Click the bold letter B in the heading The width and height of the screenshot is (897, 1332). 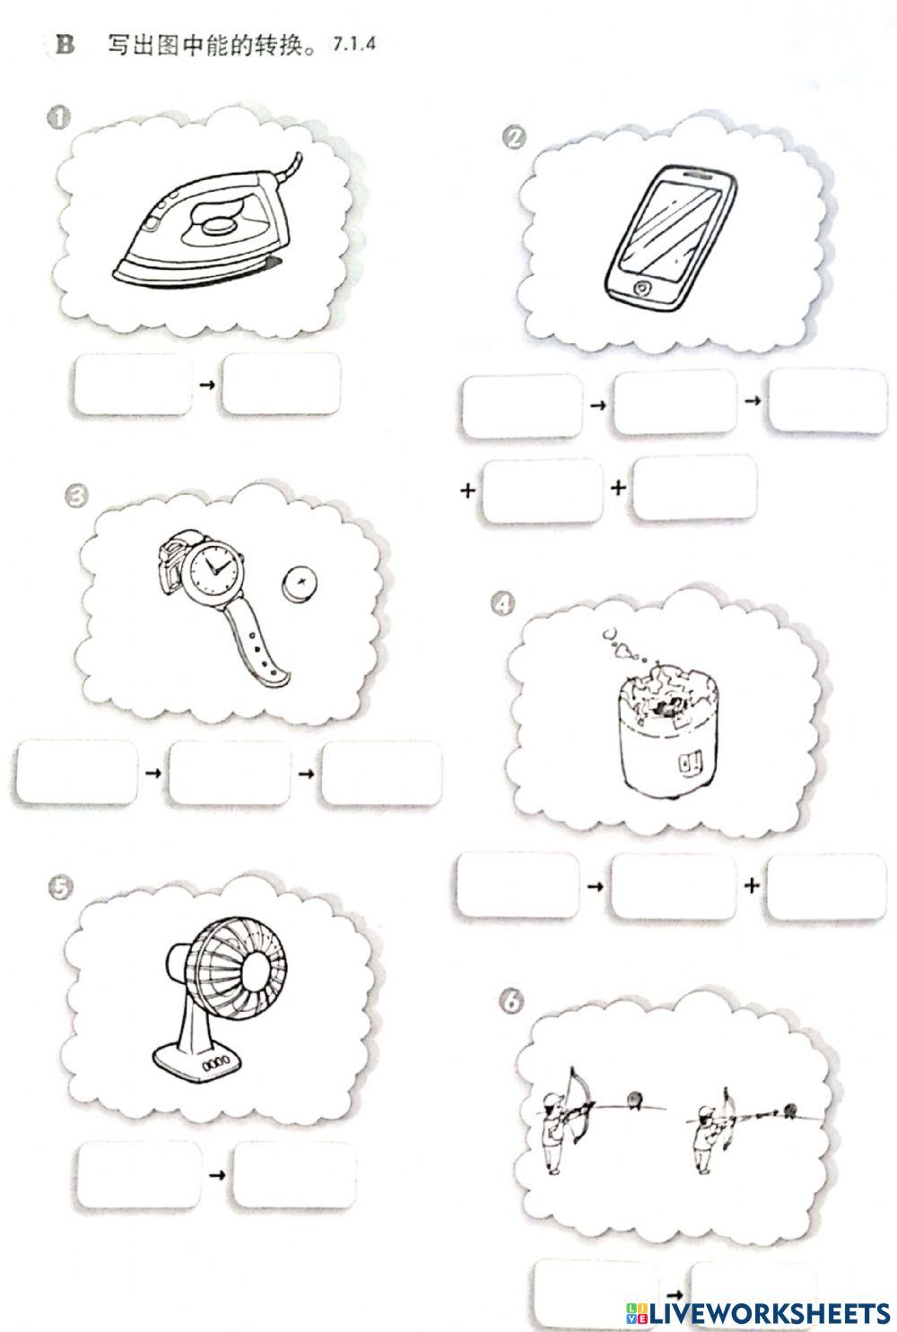tap(65, 45)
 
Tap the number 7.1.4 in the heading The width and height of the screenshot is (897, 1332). tap(354, 44)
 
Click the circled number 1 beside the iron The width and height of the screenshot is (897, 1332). tap(58, 117)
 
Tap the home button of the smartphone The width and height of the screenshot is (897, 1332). tap(641, 288)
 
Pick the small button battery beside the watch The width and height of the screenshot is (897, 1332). tap(300, 583)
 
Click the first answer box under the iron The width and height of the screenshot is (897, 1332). tap(134, 385)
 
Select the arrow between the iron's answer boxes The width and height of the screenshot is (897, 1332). tap(207, 385)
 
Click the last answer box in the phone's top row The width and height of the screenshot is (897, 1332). tap(827, 401)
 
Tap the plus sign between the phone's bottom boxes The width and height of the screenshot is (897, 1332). tap(618, 488)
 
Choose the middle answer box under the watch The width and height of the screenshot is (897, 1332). tap(231, 773)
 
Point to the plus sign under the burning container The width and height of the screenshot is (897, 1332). tap(752, 886)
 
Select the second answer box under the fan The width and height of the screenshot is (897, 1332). tap(295, 1174)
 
